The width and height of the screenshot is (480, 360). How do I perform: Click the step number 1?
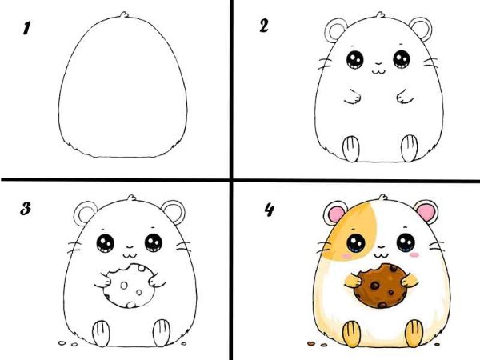click(26, 28)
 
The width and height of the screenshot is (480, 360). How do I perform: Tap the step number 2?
click(263, 26)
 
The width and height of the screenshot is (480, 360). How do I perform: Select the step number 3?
click(26, 209)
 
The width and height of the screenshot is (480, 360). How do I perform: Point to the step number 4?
click(269, 210)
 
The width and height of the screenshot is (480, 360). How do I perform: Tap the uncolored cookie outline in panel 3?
click(129, 286)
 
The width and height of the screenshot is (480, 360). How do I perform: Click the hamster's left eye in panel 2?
click(355, 59)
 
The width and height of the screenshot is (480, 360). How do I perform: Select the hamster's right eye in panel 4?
click(406, 242)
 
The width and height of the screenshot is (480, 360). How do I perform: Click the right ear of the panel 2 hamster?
click(421, 29)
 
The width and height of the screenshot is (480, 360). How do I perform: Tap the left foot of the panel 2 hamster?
click(351, 149)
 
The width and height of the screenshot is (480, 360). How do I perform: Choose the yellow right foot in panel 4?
click(414, 333)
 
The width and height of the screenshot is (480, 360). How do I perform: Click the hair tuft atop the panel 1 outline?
click(124, 14)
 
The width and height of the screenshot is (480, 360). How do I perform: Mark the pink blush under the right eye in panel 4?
click(414, 254)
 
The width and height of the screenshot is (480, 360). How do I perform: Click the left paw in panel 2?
click(353, 98)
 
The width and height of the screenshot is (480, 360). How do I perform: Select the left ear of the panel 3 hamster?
click(85, 213)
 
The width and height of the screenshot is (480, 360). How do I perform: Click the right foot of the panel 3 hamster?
click(162, 333)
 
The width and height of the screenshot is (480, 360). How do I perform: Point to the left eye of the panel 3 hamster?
click(106, 243)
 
